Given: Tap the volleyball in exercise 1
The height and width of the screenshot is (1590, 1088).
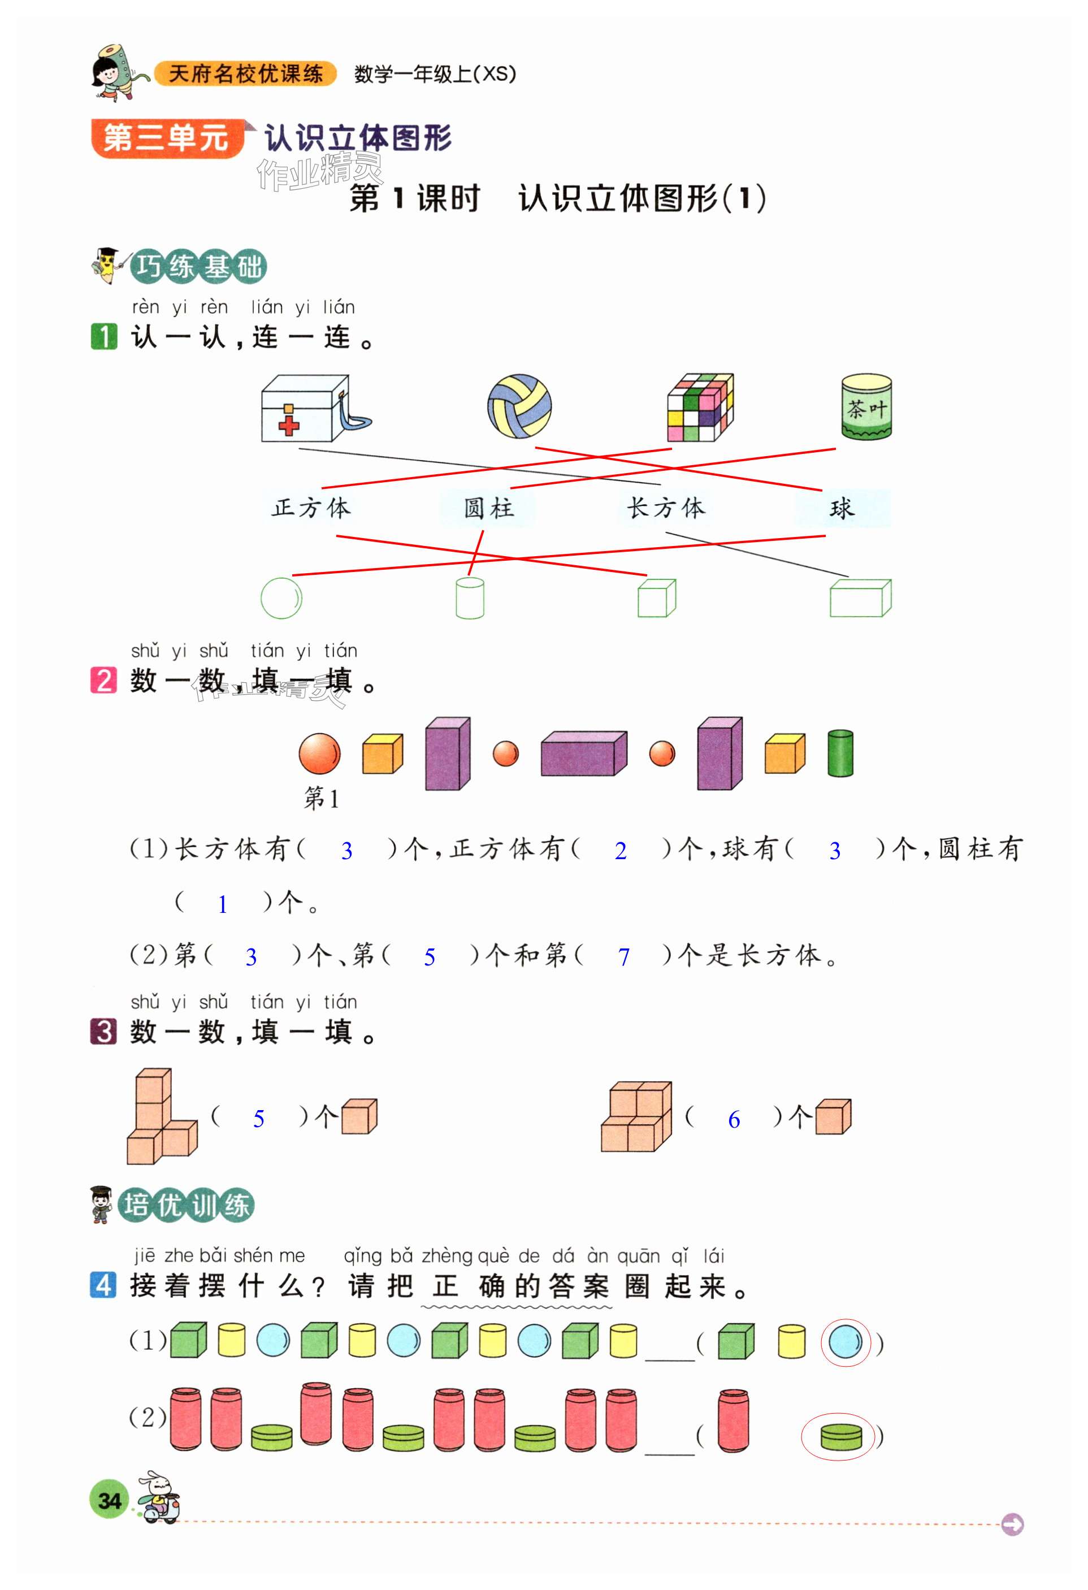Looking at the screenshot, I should (x=519, y=406).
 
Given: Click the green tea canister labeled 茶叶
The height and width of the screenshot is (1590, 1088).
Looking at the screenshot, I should (x=866, y=406).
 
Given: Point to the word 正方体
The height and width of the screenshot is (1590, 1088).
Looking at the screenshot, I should (x=311, y=508).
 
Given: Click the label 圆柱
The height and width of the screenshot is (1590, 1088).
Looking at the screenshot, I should (x=488, y=508).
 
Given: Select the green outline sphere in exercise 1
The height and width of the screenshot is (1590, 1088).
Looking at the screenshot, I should (x=281, y=598).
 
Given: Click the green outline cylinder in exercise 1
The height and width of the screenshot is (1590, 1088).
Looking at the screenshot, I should (x=470, y=598).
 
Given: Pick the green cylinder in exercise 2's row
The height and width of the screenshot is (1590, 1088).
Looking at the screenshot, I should (x=840, y=753).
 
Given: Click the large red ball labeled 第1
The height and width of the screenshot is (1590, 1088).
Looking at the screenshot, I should (x=319, y=753).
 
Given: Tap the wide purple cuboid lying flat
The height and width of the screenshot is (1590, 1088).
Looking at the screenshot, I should (x=583, y=753).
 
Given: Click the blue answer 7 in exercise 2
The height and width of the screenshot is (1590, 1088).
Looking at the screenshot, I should (x=623, y=957).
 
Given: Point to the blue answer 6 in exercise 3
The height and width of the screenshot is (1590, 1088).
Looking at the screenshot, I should (x=734, y=1120).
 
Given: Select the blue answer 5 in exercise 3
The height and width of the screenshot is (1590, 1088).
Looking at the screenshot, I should (x=259, y=1119).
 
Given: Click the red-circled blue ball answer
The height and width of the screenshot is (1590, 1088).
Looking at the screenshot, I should (x=846, y=1342).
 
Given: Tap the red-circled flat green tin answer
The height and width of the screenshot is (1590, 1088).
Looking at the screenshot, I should (x=838, y=1437).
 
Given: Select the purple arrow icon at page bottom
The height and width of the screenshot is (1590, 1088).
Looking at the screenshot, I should (x=1012, y=1524).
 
